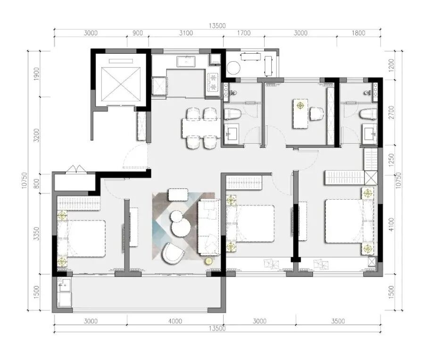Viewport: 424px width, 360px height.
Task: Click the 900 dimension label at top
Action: pyautogui.click(x=138, y=33)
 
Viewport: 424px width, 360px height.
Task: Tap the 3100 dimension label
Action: pyautogui.click(x=186, y=33)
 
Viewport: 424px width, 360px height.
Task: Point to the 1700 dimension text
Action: pyautogui.click(x=244, y=33)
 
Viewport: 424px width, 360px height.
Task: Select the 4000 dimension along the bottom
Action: pyautogui.click(x=175, y=321)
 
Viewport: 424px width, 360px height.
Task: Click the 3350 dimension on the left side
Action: pyautogui.click(x=36, y=234)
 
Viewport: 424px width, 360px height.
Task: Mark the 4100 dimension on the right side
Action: pyautogui.click(x=391, y=225)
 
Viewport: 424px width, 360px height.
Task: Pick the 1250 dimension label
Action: pyautogui.click(x=391, y=160)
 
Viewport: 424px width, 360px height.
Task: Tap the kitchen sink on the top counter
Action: pyautogui.click(x=186, y=61)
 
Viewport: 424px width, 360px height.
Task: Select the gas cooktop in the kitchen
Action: pyautogui.click(x=214, y=82)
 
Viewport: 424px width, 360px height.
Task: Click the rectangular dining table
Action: pyautogui.click(x=201, y=128)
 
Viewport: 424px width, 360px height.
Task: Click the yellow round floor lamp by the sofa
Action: pyautogui.click(x=208, y=261)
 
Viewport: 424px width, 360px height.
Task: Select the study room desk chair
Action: pyautogui.click(x=316, y=114)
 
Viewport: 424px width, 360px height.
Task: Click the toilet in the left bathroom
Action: pyautogui.click(x=233, y=114)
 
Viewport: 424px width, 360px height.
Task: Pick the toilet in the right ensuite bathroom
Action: pyautogui.click(x=368, y=114)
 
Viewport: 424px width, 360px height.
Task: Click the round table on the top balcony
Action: pyautogui.click(x=233, y=67)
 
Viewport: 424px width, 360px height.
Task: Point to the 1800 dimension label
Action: pyautogui.click(x=358, y=33)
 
